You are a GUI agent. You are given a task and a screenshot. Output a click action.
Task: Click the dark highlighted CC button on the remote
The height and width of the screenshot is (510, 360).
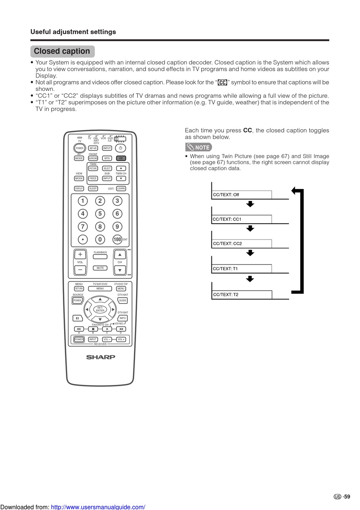[121, 158]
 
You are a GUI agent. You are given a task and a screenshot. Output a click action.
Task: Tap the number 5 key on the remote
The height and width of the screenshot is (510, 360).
[100, 214]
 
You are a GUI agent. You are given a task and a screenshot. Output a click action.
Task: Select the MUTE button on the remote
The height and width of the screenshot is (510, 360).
[100, 268]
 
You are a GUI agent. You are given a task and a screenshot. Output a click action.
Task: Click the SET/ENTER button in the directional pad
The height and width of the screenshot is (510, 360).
[100, 309]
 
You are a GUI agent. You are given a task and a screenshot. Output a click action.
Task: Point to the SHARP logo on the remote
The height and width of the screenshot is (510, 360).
[101, 357]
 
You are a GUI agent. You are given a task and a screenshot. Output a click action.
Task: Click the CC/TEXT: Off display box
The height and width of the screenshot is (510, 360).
[241, 195]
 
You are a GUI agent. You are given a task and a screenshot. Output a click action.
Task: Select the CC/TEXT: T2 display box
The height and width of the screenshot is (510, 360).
[241, 294]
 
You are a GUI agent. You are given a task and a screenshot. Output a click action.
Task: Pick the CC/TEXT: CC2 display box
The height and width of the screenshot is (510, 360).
[241, 244]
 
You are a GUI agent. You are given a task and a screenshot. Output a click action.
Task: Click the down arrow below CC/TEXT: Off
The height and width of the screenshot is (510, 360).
[250, 204]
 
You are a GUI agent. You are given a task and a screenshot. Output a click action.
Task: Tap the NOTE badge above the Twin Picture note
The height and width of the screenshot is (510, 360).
[199, 147]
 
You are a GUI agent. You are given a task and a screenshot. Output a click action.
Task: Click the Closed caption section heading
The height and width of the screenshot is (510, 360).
[62, 51]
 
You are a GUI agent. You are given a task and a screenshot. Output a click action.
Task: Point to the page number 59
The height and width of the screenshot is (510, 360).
[347, 497]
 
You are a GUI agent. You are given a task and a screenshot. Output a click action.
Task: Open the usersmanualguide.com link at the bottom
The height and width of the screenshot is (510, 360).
[98, 507]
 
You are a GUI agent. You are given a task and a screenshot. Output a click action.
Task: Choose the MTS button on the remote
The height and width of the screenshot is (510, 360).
[107, 158]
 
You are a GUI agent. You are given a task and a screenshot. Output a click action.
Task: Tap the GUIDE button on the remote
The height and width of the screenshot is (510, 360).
[123, 300]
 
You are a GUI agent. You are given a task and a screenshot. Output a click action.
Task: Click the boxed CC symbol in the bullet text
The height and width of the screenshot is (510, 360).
[222, 83]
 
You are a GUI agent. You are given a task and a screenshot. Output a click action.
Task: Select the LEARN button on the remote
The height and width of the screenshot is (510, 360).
[121, 188]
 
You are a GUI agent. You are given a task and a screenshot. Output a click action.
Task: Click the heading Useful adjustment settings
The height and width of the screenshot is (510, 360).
[73, 32]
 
